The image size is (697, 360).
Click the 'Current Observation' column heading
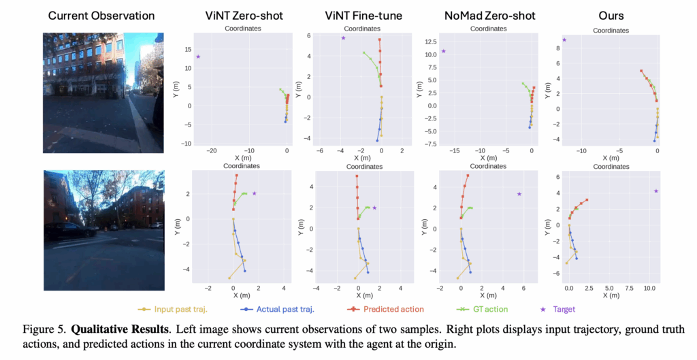(102, 15)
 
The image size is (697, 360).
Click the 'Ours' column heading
(607, 15)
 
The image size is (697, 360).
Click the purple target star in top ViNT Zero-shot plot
(198, 56)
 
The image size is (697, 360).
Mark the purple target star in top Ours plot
(564, 40)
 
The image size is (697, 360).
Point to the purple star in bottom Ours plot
(656, 191)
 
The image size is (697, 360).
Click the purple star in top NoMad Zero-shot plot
(443, 51)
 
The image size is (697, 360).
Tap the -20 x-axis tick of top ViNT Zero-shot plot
(212, 150)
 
